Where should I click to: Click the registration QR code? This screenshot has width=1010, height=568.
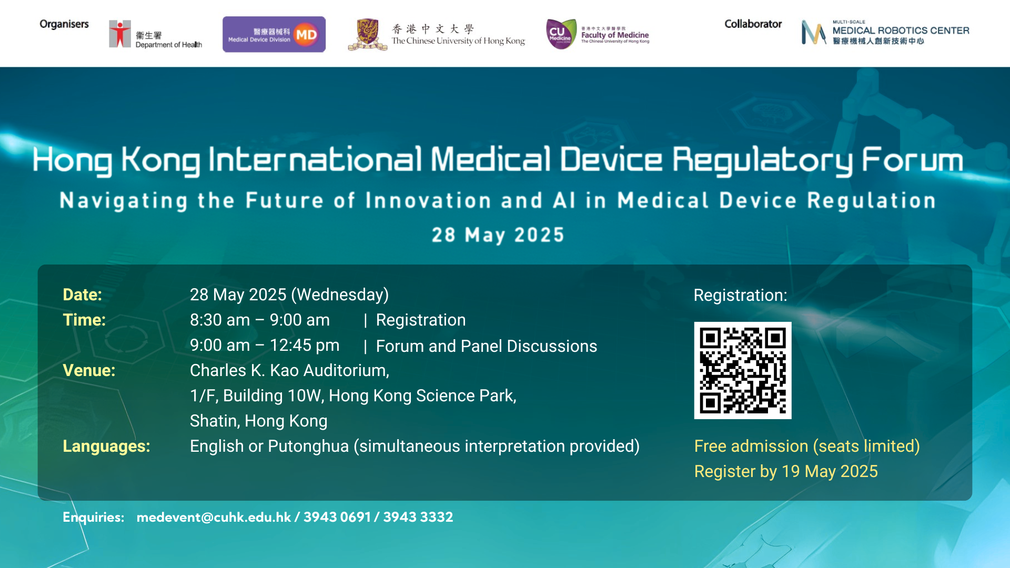[742, 370]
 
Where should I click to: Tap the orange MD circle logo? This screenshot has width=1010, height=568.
[306, 35]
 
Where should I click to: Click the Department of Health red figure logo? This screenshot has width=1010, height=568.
[120, 34]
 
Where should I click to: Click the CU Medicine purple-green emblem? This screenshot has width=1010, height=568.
[561, 34]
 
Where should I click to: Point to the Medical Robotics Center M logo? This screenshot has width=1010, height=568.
[813, 33]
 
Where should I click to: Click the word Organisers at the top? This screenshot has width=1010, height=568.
[64, 24]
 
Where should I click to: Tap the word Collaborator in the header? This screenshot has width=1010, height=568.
[753, 24]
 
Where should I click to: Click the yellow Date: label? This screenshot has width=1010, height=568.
[82, 295]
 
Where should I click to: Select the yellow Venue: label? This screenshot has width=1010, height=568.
[89, 370]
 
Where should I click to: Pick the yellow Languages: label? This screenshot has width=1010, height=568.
[106, 447]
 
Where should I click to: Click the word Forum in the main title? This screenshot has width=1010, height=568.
[912, 160]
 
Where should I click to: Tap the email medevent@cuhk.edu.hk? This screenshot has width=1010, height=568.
[214, 517]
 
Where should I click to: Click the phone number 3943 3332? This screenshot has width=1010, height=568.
[418, 517]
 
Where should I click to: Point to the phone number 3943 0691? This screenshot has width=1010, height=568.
[337, 517]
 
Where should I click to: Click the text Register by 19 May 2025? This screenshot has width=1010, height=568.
[786, 471]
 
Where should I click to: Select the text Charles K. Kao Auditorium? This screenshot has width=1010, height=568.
[289, 370]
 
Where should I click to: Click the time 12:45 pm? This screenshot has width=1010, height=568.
[305, 346]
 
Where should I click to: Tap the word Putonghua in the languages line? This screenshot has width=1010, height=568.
[308, 447]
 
